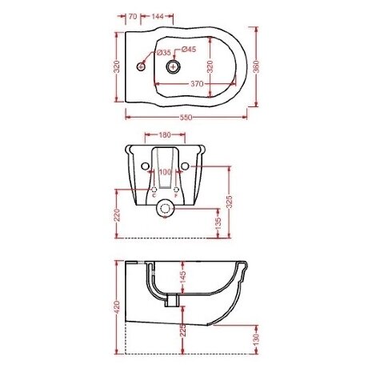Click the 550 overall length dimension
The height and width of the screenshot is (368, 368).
click(186, 118)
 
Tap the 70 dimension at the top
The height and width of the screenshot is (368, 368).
click(133, 16)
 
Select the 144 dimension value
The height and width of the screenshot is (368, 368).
click(158, 16)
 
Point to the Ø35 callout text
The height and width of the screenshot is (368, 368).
click(163, 53)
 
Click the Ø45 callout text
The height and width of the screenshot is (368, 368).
click(189, 50)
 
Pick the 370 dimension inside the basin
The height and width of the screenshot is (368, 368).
click(197, 84)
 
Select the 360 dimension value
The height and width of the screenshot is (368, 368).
click(256, 66)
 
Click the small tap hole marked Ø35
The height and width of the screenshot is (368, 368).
click(141, 66)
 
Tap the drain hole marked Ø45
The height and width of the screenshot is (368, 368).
click(174, 66)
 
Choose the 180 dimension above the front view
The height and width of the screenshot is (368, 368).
click(165, 135)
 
